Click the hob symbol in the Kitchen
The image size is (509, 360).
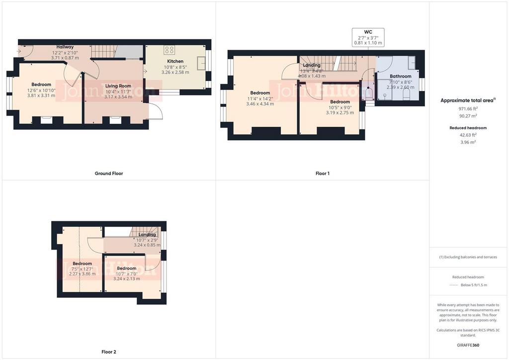coord(169,49)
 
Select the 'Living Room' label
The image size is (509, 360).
coord(118,86)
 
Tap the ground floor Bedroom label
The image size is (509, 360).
coord(41,85)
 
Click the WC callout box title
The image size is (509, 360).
coord(368,31)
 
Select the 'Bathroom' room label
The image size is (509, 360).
coord(400,76)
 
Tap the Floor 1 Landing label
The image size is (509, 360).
coord(312,65)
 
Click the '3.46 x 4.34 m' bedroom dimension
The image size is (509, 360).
coord(260,104)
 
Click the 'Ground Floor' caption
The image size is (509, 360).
coord(109,174)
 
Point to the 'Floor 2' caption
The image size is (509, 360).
coord(108,352)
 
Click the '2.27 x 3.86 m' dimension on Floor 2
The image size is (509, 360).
coord(82,274)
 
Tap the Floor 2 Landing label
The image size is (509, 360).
coord(147,235)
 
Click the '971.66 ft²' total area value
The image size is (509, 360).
coord(469,108)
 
